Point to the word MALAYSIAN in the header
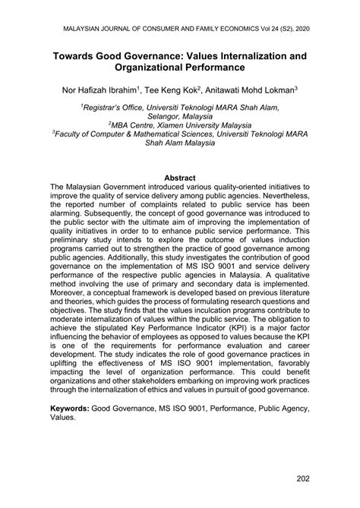tap(73, 27)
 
